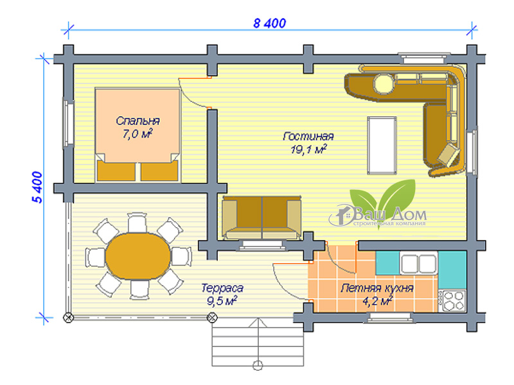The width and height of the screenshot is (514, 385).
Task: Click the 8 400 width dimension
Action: click(x=269, y=23)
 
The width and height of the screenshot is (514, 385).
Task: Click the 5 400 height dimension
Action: click(x=37, y=187)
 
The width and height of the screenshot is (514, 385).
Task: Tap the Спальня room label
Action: click(x=137, y=121)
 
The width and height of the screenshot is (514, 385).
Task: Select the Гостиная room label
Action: click(x=308, y=136)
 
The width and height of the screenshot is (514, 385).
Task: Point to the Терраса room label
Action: click(x=222, y=288)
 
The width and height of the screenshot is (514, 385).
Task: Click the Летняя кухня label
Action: click(x=377, y=288)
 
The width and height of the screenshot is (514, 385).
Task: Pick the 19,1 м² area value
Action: click(x=308, y=150)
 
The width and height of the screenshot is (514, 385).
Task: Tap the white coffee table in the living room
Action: click(x=382, y=146)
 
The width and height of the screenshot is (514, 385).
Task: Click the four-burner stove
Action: click(x=453, y=301)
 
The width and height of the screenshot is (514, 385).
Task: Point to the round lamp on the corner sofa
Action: click(x=384, y=84)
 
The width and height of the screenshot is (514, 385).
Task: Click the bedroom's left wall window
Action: click(x=68, y=123)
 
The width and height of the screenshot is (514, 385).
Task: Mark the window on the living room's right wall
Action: click(x=472, y=151)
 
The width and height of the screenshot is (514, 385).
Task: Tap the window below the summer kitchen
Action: click(x=389, y=317)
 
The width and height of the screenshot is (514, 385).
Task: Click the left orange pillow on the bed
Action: click(x=116, y=171)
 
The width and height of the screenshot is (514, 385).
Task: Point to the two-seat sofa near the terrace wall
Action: click(x=261, y=218)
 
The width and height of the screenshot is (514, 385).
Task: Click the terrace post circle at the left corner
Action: click(x=68, y=317)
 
